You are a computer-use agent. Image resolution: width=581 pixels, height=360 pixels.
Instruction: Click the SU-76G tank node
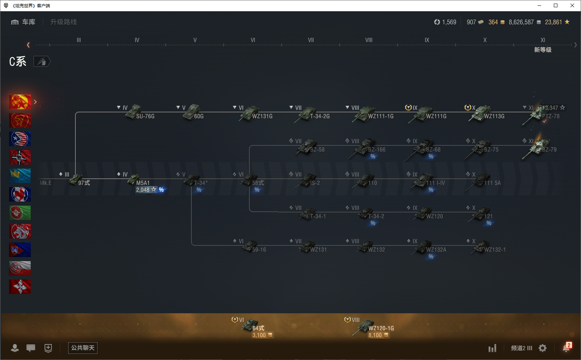140,113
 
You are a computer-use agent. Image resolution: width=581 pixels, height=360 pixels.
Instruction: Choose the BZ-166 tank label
377,150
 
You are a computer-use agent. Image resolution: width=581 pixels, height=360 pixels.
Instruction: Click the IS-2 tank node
310,181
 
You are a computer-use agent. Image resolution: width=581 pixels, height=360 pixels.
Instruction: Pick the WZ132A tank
429,248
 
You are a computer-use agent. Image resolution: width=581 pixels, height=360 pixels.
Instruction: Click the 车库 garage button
24,22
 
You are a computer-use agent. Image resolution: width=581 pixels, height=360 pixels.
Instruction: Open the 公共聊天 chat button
83,348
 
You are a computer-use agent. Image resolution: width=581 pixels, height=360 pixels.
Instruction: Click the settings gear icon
543,348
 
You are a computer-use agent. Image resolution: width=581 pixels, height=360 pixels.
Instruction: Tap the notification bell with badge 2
566,348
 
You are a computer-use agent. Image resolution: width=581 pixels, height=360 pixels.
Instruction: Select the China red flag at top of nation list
20,102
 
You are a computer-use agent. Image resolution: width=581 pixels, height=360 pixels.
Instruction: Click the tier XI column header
543,40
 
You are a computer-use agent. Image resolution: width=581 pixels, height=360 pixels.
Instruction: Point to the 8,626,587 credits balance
521,22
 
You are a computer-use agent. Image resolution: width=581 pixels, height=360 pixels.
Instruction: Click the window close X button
572,5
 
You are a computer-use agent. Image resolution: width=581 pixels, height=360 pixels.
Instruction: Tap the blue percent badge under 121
489,223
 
